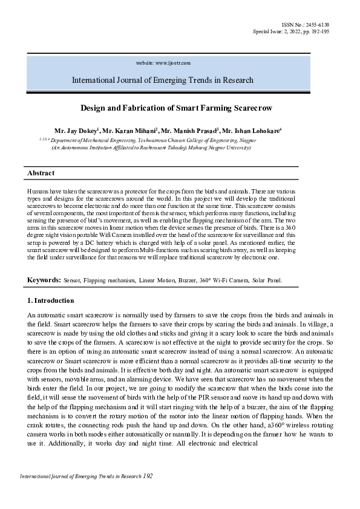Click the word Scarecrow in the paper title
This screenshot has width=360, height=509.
pos(252,108)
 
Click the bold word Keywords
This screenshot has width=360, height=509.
pos(44,280)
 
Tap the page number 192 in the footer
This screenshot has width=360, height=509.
pos(148,476)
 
